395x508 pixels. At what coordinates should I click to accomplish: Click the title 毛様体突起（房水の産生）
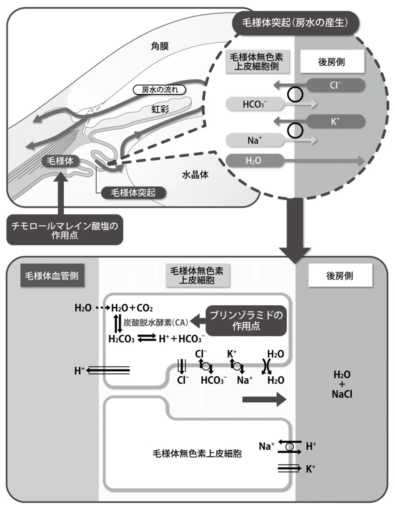[296, 23]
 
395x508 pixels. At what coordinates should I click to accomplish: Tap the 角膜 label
[160, 46]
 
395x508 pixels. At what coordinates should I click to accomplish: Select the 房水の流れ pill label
[160, 89]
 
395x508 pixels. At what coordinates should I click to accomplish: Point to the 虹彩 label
[160, 109]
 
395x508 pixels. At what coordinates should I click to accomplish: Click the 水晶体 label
[195, 174]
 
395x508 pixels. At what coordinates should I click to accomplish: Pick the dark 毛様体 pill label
[60, 161]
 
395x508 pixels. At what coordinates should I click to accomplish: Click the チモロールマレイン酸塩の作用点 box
[65, 230]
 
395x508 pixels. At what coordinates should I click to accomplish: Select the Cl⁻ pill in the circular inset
[335, 85]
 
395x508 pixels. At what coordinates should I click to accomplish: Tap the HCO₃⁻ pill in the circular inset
[255, 104]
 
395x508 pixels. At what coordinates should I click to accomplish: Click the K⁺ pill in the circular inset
[335, 121]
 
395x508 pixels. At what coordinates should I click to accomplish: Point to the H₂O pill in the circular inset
[255, 161]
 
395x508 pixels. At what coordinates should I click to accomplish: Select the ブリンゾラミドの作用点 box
[246, 321]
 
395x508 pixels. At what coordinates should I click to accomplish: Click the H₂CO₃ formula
[121, 339]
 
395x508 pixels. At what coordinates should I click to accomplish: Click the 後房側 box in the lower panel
[340, 276]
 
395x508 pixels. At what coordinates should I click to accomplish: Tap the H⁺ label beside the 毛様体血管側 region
[79, 370]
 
